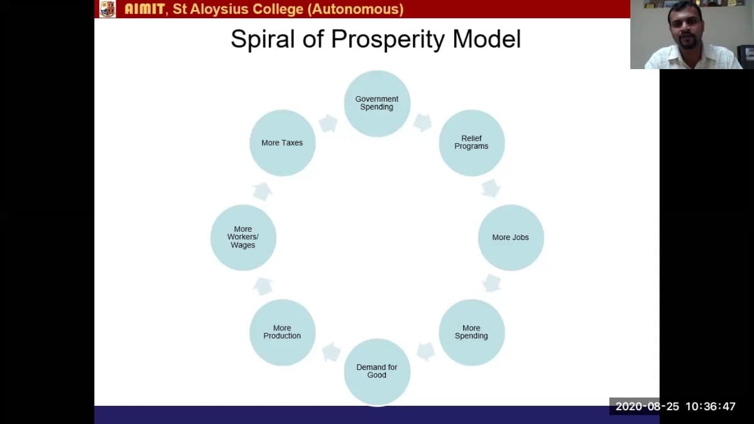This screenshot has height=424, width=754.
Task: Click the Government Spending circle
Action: point(377,103)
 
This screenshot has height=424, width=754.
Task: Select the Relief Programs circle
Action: point(472,143)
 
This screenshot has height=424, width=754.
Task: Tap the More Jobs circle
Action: point(511,237)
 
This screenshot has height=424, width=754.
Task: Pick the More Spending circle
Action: point(472,332)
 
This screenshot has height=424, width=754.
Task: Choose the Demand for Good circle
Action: point(377,371)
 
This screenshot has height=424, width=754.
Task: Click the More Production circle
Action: point(282,332)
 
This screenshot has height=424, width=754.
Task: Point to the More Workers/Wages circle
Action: point(243,237)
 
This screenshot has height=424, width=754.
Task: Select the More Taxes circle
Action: point(282,143)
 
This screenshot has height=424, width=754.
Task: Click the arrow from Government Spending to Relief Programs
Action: point(423,122)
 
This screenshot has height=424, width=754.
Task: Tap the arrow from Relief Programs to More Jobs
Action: point(491,188)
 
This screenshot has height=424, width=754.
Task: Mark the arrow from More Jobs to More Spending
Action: point(492,283)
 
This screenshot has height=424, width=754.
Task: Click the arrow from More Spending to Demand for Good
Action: point(426,352)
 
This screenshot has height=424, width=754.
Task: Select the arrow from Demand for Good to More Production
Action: point(331,352)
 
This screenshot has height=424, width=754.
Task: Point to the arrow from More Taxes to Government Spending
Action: point(328,123)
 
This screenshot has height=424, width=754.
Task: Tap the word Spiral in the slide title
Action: point(263,39)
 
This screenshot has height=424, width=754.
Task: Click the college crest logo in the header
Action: point(107,9)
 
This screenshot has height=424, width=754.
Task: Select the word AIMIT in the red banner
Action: point(145,9)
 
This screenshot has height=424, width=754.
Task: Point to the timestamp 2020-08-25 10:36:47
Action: point(675,406)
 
